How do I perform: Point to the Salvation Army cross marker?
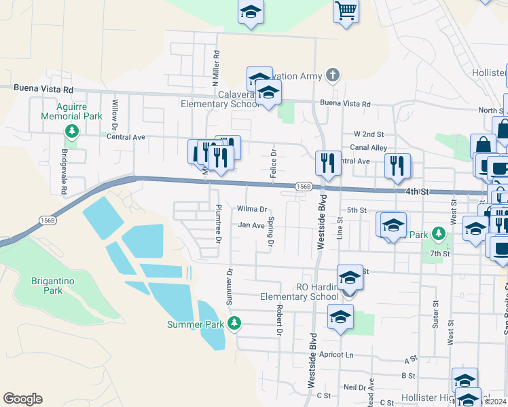[x=333, y=74]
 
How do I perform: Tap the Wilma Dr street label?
[x=252, y=210]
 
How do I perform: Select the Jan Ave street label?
[x=251, y=225]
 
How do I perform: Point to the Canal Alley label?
[x=369, y=147]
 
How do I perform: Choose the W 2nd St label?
[x=369, y=134]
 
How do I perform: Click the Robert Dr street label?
[x=278, y=319]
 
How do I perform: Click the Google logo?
[x=22, y=399]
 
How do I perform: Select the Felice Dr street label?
[x=273, y=163]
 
